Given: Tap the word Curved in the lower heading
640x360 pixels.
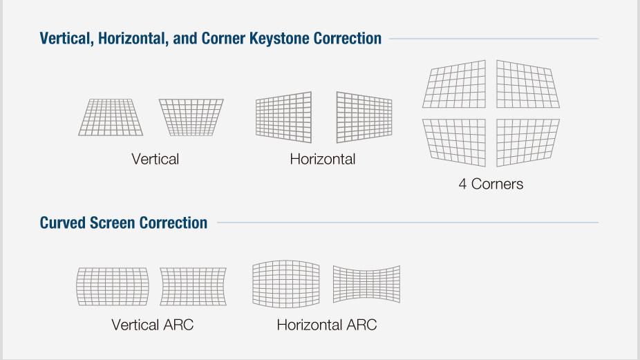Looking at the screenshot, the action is pos(63,223).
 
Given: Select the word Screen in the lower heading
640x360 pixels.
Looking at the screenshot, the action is pos(113,223).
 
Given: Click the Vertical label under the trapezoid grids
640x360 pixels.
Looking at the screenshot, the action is pos(155,159).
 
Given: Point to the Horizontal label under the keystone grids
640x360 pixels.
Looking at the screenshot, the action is pos(323,159).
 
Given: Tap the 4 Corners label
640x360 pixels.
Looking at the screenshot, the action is pos(491,184).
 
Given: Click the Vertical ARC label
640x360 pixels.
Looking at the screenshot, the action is pos(152,325).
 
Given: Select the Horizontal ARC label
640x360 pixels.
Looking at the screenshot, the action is pos(326,325).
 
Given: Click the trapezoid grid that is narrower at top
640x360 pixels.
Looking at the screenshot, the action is pos(111,117).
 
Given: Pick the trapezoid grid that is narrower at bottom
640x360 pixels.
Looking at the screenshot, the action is pos(191,117).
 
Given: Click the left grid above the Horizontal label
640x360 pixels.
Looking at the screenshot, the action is pos(283,117).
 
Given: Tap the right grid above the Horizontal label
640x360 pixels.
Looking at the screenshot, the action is pos(364,117).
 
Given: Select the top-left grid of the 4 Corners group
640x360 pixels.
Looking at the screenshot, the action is pos(454,84).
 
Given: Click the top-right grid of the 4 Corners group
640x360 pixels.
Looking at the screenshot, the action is pos(528,84).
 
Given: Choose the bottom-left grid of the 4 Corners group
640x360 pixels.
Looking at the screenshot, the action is pos(454,142).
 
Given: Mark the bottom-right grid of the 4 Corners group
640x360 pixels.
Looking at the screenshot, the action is pos(528,142).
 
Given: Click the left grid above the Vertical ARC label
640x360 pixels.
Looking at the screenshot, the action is pos(113,287).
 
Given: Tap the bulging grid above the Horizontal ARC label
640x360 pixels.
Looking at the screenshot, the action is pos(286,284).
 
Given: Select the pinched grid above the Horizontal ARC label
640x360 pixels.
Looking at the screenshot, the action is pos(366,284).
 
